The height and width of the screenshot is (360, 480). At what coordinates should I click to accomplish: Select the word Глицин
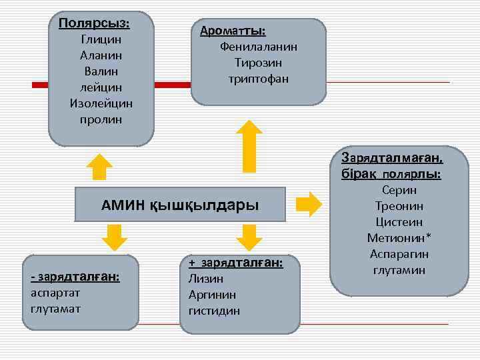[x=101, y=39]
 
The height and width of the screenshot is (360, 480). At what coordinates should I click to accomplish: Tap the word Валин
[x=101, y=71]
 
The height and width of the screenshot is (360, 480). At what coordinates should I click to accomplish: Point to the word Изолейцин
[x=101, y=103]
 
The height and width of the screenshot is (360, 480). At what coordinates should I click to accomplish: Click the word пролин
[x=101, y=119]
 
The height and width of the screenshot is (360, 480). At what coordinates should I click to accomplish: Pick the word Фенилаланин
[x=258, y=47]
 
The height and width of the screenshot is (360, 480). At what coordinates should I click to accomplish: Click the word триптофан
[x=258, y=79]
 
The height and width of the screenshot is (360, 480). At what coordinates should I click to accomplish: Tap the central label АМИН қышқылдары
[x=180, y=204]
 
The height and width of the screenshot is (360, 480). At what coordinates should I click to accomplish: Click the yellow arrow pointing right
[x=307, y=203]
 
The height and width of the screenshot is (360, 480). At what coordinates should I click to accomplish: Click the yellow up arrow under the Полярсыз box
[x=100, y=166]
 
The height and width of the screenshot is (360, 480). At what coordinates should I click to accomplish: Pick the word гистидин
[x=214, y=311]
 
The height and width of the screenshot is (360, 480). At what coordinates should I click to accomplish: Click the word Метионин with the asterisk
[x=399, y=238]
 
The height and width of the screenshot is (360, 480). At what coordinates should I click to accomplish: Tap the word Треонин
[x=399, y=206]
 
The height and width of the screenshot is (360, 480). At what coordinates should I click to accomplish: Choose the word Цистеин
[x=399, y=222]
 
